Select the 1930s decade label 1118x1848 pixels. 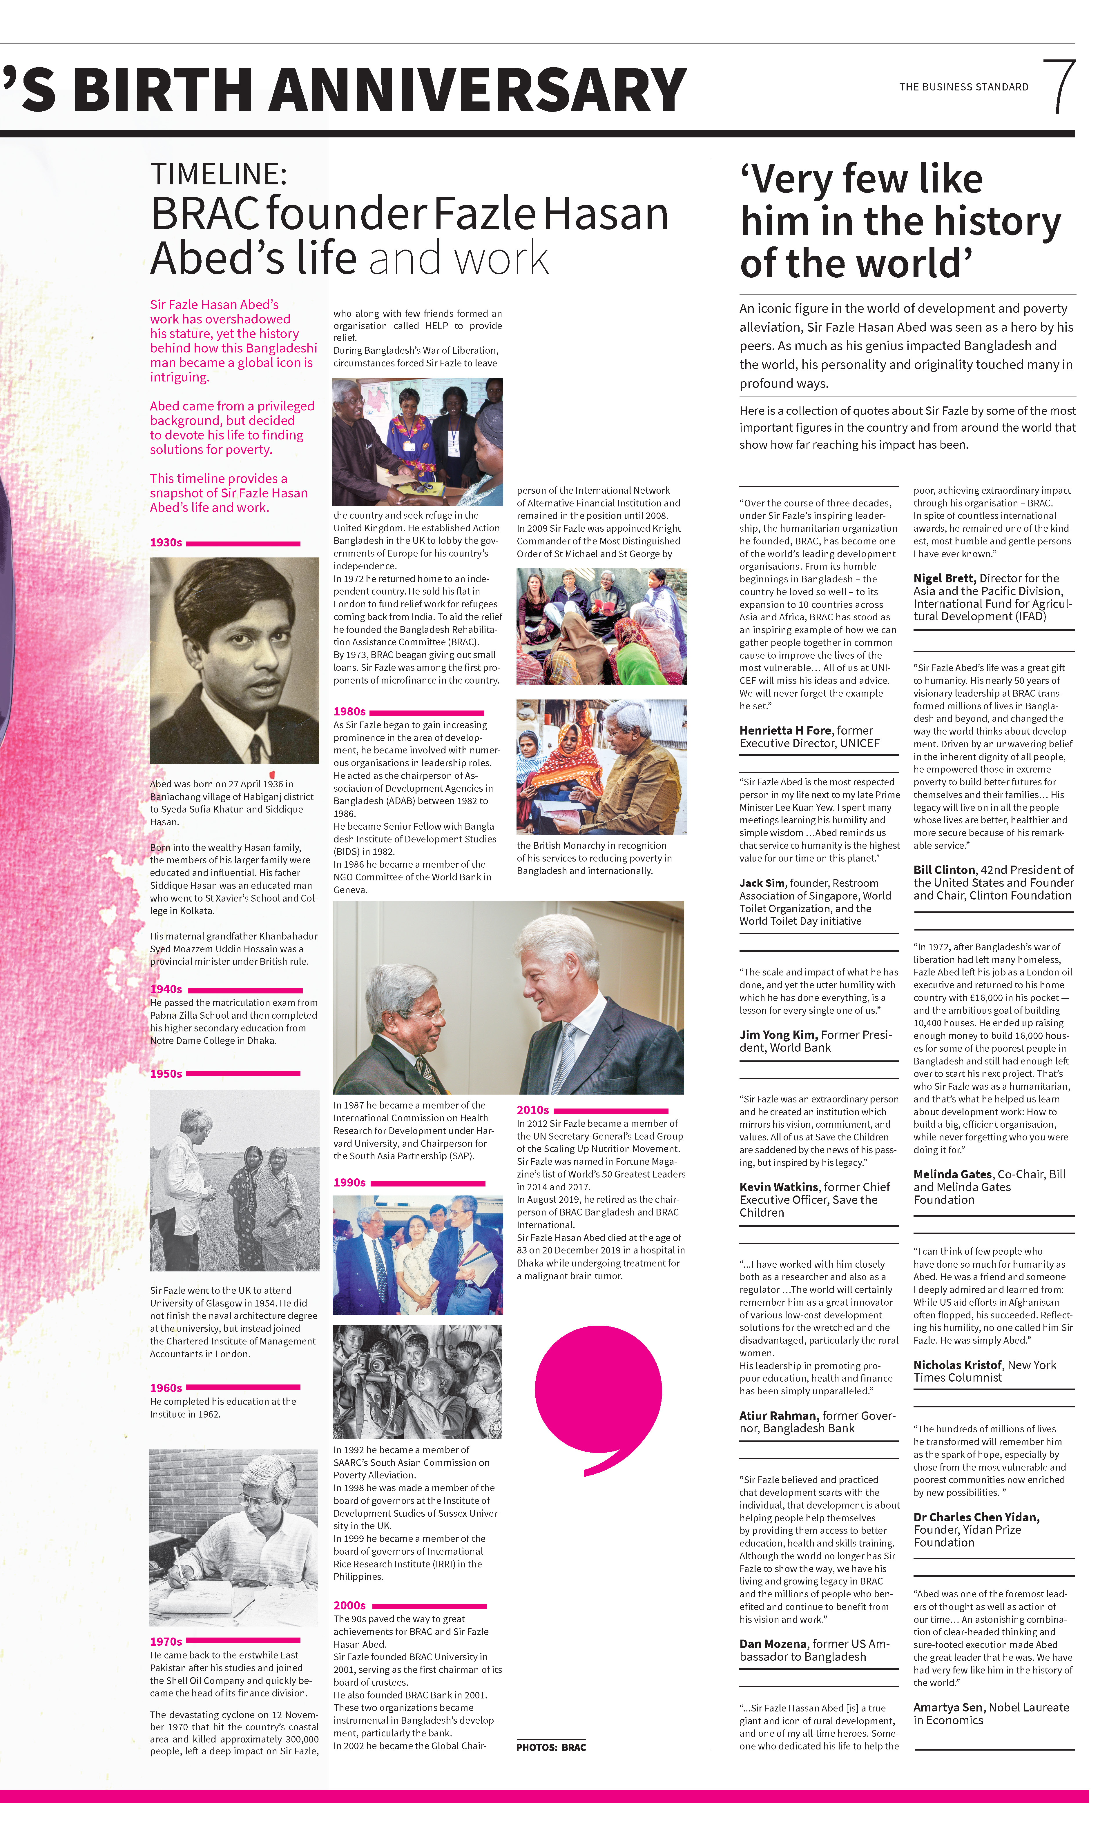[166, 542]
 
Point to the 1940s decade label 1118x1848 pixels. [166, 989]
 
